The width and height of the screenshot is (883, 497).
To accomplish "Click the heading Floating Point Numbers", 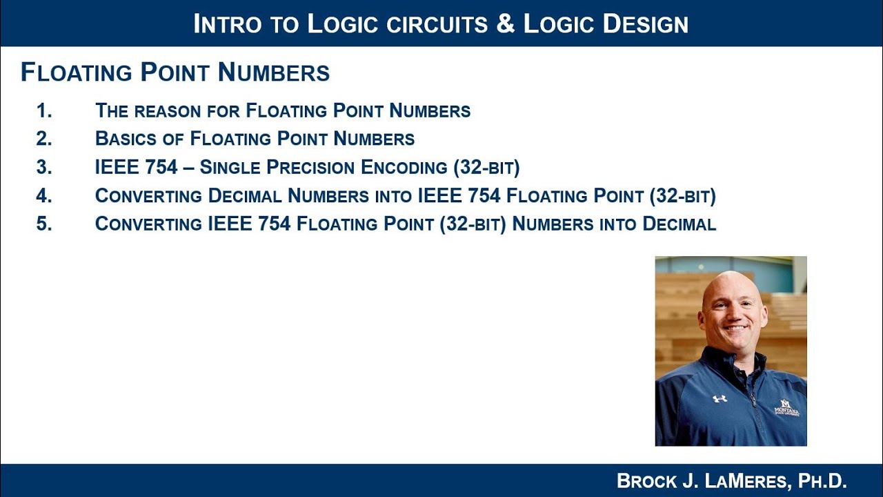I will point(175,72).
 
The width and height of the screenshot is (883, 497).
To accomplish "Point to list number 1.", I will point(43,110).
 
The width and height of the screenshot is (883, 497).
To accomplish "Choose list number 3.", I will point(43,168).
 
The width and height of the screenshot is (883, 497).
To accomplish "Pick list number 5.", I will point(43,224).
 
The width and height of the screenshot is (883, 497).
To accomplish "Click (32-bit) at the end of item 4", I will point(682,196).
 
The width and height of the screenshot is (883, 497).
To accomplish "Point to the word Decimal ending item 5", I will point(679,224).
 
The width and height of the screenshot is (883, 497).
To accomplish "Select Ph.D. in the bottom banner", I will point(822,480).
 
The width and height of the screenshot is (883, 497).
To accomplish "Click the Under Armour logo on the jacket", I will point(720,398).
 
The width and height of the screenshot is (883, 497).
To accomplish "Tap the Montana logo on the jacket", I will point(786,407).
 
